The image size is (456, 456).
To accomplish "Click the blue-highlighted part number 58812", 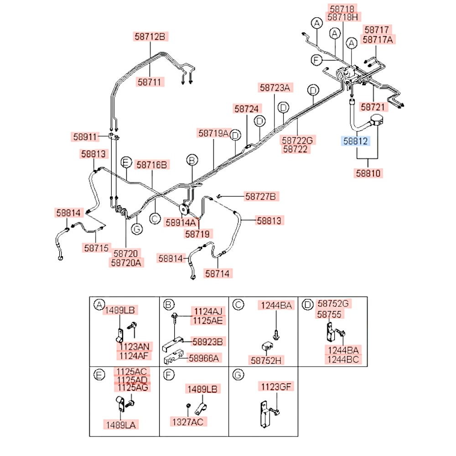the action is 355,141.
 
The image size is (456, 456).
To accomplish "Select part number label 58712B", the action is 150,36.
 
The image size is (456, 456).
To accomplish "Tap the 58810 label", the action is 368,173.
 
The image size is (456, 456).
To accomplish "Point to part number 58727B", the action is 260,196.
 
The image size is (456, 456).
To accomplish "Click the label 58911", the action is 85,137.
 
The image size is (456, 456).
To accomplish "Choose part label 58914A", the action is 181,223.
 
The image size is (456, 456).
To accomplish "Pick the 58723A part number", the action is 275,88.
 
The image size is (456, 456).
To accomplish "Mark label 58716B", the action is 152,165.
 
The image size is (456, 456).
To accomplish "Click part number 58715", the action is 96,248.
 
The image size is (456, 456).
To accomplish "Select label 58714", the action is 218,273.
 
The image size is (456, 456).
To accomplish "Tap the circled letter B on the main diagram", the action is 192,160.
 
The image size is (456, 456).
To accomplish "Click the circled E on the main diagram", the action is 126,162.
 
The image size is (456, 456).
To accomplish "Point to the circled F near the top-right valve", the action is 316,60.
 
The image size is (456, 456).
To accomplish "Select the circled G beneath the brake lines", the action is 137,229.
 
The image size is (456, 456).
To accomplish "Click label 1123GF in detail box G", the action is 276,387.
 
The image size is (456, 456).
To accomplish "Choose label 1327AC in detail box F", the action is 188,422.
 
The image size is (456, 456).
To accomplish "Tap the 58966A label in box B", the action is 204,358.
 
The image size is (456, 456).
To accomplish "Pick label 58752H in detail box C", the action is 266,361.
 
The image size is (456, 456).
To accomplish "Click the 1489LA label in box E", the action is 121,425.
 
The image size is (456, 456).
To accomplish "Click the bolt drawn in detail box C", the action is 276,335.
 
